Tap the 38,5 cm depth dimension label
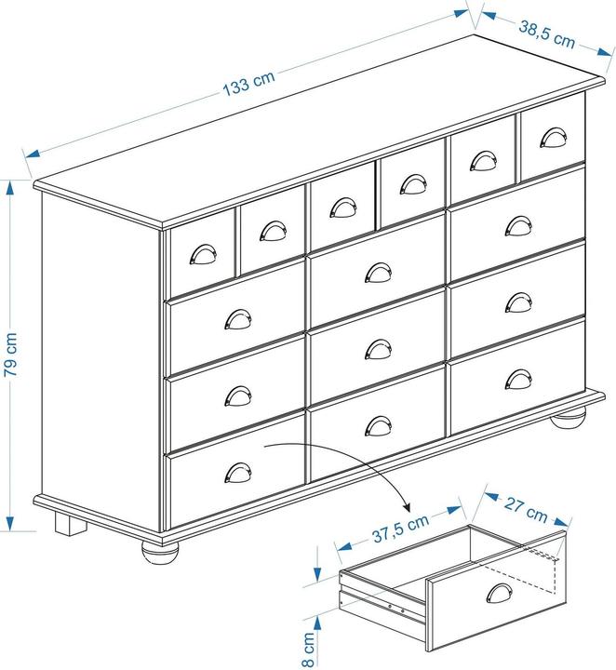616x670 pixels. [x=547, y=34]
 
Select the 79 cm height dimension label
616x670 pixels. [x=10, y=355]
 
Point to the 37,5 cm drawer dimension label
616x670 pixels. [x=400, y=529]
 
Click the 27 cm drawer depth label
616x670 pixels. [x=526, y=510]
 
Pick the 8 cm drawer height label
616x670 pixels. [x=309, y=650]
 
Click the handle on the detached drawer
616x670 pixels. [x=499, y=594]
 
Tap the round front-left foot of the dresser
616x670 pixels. [x=160, y=554]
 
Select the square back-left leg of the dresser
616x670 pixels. [x=70, y=523]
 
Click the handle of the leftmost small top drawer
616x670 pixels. [x=203, y=255]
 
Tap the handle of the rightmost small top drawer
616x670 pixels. [x=554, y=138]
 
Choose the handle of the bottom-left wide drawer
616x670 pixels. [x=238, y=473]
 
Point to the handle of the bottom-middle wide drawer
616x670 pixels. [x=378, y=426]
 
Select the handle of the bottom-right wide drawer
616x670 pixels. [x=518, y=380]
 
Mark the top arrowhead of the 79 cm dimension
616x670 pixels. [x=10, y=188]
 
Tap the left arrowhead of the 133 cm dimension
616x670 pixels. [x=33, y=154]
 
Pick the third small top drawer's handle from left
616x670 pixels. [x=343, y=208]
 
